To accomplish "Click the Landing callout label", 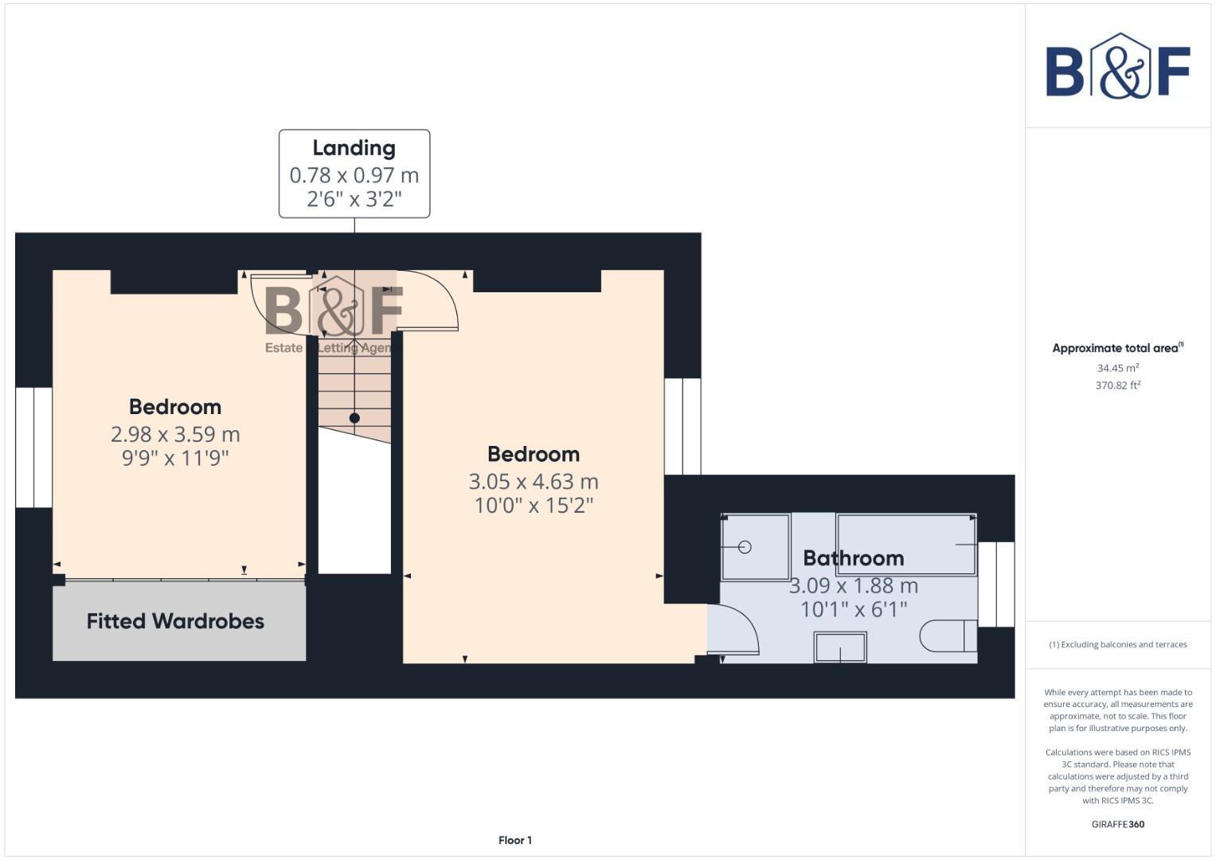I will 354,148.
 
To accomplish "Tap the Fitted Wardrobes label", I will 175,621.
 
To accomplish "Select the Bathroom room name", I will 853,558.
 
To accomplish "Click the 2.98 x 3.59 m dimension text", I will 175,434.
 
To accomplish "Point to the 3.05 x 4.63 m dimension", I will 533,482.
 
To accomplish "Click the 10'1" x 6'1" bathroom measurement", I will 854,609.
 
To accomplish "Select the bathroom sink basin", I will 840,647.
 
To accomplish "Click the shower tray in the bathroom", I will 755,547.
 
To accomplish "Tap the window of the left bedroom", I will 33,448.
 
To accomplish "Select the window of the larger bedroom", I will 682,426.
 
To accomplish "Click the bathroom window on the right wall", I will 995,584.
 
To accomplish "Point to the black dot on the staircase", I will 354,418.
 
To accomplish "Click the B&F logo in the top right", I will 1117,67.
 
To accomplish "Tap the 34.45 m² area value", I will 1117,368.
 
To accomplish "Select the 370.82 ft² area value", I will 1117,385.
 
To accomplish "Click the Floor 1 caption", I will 514,840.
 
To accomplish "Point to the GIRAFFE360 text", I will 1117,824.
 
